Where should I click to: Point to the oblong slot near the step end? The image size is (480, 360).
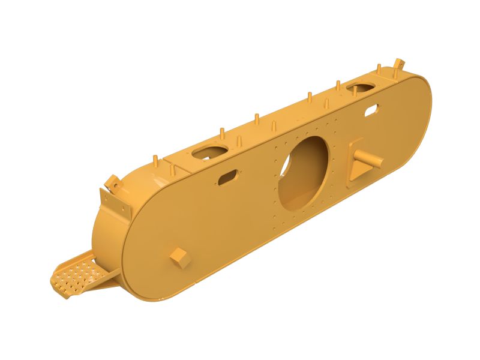click(227, 177)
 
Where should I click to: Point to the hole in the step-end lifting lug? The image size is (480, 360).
click(111, 181)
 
